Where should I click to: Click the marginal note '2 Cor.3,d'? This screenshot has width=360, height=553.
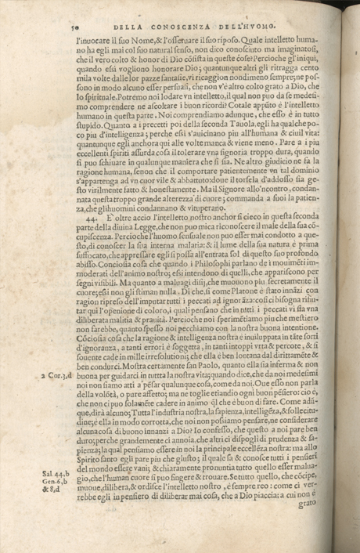click(53, 375)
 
